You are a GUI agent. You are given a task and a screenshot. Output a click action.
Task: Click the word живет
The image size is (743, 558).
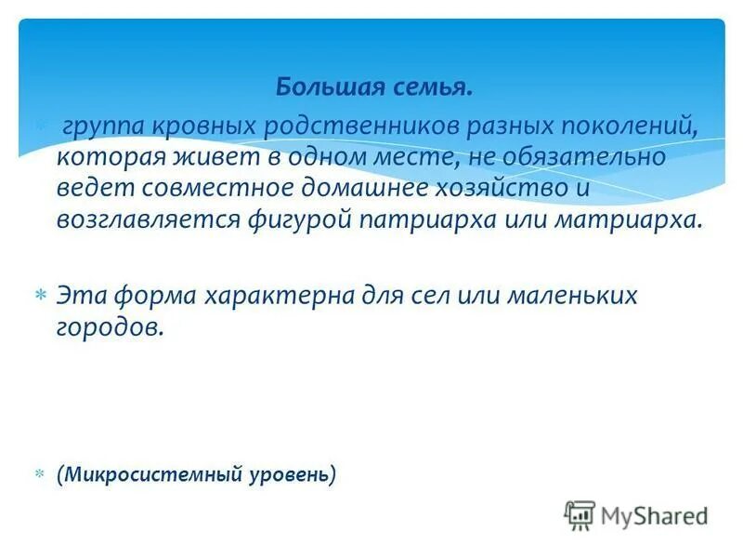pyautogui.click(x=193, y=157)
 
